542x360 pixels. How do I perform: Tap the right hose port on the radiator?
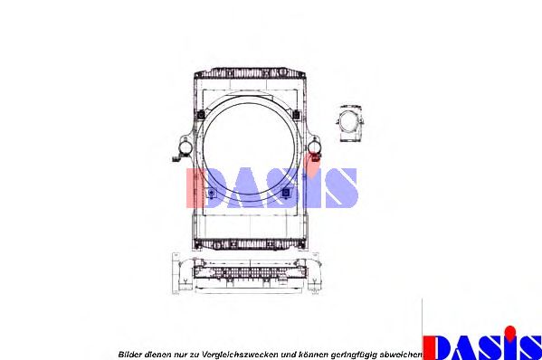pos(314,147)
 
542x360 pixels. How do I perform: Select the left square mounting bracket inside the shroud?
pos(212,192)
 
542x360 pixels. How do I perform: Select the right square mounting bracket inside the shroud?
pos(286,191)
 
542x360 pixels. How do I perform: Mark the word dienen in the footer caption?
pos(160,353)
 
